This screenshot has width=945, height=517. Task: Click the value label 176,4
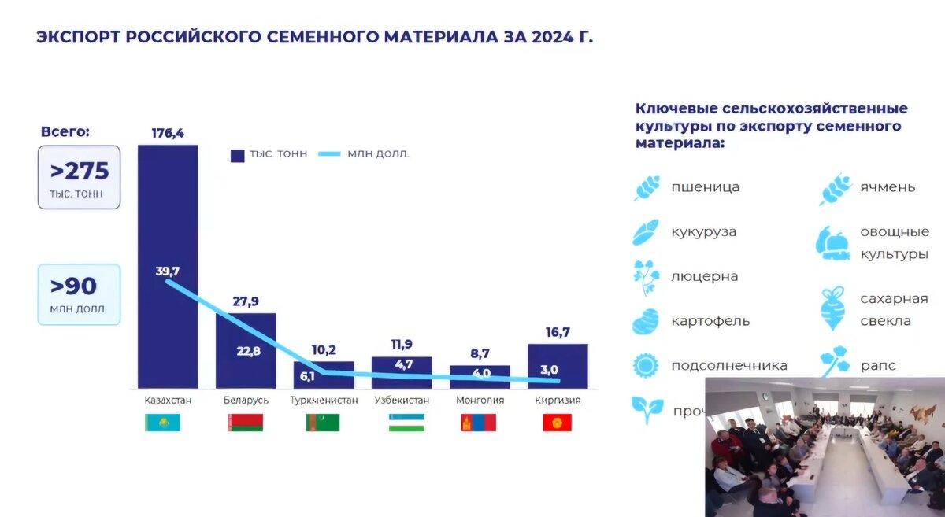click(168, 133)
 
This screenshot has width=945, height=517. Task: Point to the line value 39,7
click(168, 271)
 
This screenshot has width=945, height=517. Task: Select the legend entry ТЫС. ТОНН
click(269, 154)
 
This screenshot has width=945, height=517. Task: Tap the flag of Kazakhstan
click(163, 423)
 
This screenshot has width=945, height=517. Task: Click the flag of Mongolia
click(478, 423)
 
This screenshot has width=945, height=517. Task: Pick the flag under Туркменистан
click(323, 423)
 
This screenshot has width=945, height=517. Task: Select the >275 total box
click(79, 177)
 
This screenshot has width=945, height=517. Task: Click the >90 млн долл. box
click(79, 294)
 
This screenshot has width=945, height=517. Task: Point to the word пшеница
click(705, 187)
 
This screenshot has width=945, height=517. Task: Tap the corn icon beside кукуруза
click(646, 232)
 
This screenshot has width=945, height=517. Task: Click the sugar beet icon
click(832, 308)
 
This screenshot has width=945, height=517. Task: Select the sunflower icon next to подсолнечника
click(646, 365)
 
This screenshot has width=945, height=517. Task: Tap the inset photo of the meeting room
click(825, 447)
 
